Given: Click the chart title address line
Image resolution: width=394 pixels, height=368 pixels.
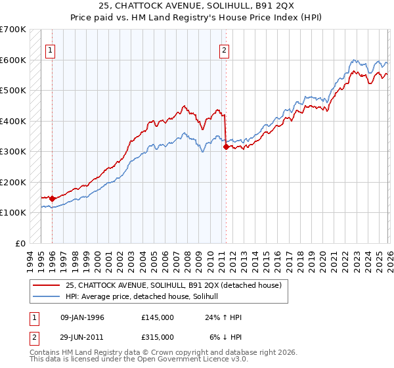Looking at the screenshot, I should click(197, 7).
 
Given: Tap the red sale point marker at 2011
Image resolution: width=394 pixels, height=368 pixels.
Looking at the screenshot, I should click(226, 147).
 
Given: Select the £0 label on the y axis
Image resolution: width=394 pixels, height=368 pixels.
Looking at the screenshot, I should click(21, 243).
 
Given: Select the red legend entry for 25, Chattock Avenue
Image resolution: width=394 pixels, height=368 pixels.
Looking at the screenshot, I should click(173, 285).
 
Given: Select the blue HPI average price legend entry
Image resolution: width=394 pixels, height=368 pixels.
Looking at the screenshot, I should click(146, 297).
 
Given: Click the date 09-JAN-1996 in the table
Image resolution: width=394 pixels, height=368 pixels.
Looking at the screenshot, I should click(82, 317).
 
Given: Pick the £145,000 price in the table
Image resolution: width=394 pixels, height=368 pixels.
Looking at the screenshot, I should click(157, 317).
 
